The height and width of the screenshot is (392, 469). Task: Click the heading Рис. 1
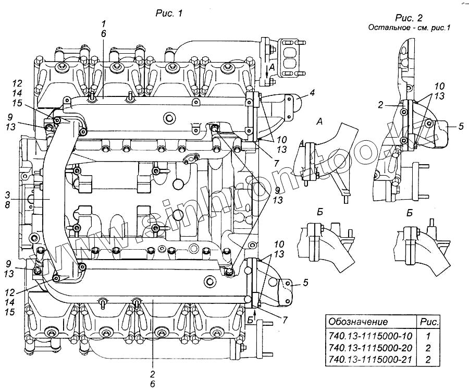point(169,14)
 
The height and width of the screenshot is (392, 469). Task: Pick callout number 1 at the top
point(103,23)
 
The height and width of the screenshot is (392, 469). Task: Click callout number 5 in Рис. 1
point(306,283)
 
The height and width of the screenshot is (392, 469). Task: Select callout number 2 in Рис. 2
point(381,105)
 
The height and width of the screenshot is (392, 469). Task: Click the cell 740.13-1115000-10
point(368,336)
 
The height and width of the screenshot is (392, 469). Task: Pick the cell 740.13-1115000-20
point(368,348)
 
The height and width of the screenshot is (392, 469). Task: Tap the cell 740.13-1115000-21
point(368,359)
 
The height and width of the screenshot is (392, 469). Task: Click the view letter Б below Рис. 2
point(410,213)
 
